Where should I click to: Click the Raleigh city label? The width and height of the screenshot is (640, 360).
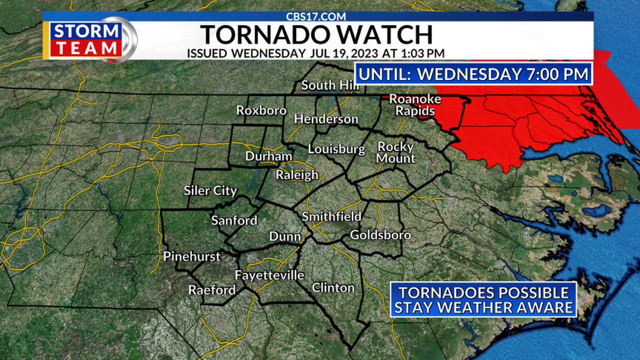click(x=297, y=175)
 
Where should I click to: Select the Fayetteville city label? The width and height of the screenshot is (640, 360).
click(x=269, y=275)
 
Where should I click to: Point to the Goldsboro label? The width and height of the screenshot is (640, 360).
click(x=380, y=235)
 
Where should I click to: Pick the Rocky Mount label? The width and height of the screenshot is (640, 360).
click(x=396, y=153)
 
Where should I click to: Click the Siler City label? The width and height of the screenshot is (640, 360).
click(x=210, y=190)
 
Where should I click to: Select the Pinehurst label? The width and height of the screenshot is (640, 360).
click(x=192, y=257)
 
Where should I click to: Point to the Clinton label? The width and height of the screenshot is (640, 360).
click(x=333, y=288)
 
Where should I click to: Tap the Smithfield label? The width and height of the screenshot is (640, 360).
click(x=331, y=217)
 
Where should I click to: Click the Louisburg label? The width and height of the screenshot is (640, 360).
click(x=336, y=149)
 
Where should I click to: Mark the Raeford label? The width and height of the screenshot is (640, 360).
click(x=212, y=290)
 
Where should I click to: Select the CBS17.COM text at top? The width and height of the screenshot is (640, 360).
click(x=318, y=16)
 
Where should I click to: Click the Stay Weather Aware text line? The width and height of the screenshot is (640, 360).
click(x=484, y=307)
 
